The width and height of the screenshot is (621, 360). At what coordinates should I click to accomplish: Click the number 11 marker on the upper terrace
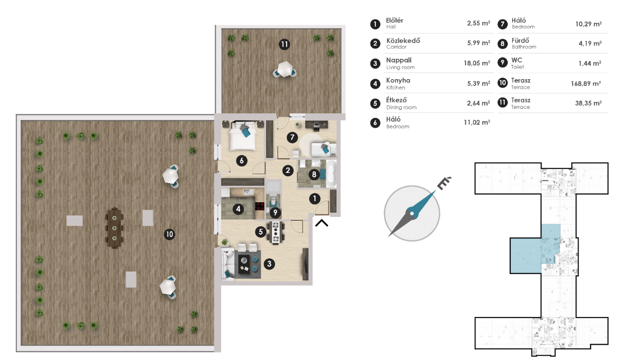[x=284, y=44]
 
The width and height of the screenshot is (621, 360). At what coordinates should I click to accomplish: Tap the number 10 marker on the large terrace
[x=169, y=234]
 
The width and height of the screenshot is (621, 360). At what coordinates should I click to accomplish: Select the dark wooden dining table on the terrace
[x=115, y=228]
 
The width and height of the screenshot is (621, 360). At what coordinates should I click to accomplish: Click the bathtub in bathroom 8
[x=331, y=174]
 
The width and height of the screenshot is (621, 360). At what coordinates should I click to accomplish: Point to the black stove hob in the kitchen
[x=260, y=206]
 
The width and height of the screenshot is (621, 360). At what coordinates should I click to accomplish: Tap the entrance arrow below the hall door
[x=322, y=223]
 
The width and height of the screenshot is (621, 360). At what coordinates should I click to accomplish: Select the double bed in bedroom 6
[x=242, y=136]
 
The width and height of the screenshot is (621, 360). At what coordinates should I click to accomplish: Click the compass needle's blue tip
[x=431, y=195]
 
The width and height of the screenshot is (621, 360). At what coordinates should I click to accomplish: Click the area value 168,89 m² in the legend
[x=586, y=84]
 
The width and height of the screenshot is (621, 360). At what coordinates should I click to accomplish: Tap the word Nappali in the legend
[x=399, y=60]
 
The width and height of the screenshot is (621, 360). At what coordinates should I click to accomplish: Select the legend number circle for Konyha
[x=375, y=84]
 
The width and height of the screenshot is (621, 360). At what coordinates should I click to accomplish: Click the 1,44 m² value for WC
[x=590, y=63]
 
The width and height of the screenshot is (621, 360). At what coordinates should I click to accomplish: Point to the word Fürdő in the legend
[x=520, y=41]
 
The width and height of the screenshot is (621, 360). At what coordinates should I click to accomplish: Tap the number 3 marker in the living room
[x=269, y=264]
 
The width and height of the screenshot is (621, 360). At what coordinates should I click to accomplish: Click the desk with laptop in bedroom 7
[x=316, y=125]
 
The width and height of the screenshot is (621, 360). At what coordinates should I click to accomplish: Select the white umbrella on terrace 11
[x=285, y=69]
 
